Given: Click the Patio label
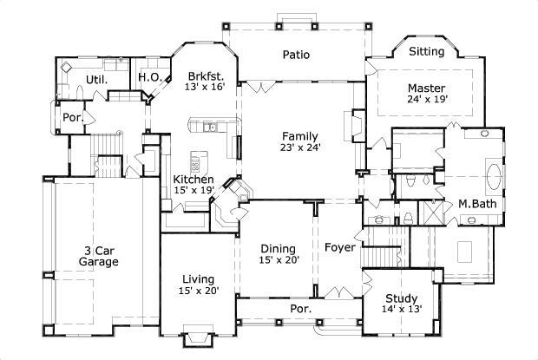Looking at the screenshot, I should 296,55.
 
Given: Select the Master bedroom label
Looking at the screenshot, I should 426,88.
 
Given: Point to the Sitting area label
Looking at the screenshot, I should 426,52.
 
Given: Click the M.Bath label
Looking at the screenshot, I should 476,204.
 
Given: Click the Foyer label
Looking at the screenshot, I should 339,247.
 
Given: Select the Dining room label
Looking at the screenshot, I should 278,247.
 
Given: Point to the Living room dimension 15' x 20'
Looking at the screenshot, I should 198,291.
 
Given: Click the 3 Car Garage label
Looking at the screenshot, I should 98,255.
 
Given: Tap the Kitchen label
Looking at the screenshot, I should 193,179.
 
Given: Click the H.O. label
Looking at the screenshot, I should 148,77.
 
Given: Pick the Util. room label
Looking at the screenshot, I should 95,80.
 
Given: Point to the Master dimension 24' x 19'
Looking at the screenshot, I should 426,101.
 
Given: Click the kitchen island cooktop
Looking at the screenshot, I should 196,163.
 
